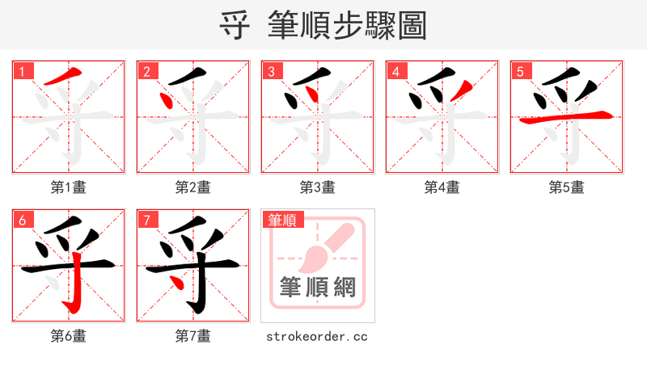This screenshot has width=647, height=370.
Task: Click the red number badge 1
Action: point(21,71)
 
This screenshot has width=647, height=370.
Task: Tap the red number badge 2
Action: point(146,71)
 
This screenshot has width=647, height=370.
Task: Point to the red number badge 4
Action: point(395,71)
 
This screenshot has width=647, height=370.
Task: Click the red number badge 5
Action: point(519,71)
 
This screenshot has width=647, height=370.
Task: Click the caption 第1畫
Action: point(69,187)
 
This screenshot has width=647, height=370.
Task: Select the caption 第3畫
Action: point(318,187)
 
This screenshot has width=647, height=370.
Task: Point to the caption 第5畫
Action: point(567,187)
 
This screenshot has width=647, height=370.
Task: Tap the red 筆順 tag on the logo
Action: point(282,220)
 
